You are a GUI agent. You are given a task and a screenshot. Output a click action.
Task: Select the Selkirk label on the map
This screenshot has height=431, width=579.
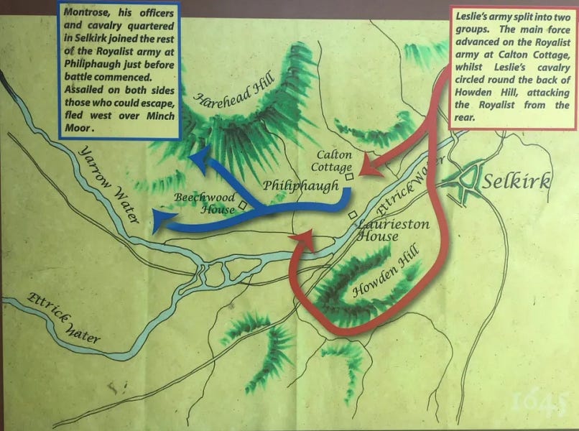[x=517, y=180]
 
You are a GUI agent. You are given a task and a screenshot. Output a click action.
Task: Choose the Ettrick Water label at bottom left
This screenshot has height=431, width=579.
[x=64, y=319]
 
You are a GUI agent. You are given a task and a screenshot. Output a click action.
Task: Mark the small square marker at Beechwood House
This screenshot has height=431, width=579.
[x=244, y=205]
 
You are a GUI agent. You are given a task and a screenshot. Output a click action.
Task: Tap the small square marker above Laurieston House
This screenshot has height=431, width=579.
[x=352, y=215]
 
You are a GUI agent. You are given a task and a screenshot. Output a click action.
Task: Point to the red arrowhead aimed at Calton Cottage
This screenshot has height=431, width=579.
[x=366, y=170]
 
